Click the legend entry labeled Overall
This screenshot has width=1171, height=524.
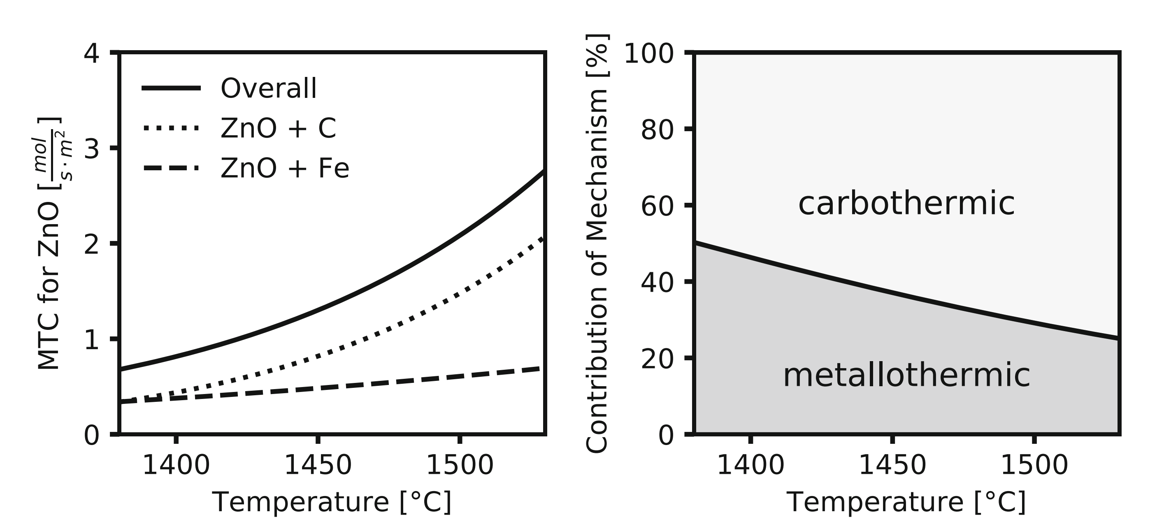click(268, 88)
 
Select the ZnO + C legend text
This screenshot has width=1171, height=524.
click(278, 128)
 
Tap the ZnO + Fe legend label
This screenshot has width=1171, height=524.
click(285, 168)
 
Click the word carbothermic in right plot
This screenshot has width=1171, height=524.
click(906, 204)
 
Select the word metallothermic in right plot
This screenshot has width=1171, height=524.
click(906, 376)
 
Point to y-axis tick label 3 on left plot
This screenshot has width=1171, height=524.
click(91, 148)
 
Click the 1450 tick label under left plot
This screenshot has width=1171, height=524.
click(318, 465)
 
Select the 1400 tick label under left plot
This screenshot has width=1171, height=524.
click(177, 465)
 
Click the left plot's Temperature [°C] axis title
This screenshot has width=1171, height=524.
click(332, 502)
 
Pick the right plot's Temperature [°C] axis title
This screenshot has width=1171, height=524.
click(906, 502)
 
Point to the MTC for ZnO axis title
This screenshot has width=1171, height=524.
click(49, 243)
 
